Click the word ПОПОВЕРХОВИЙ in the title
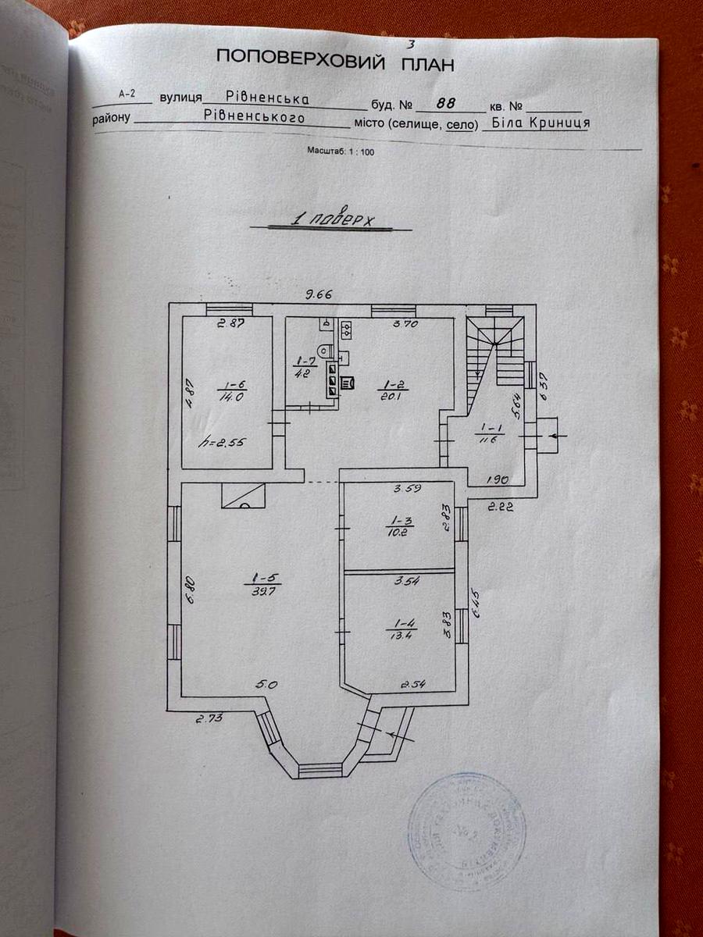[300, 59]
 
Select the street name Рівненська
[267, 98]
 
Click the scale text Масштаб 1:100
[341, 152]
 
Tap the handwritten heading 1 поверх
[332, 219]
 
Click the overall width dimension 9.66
[319, 294]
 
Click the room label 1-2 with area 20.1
[389, 390]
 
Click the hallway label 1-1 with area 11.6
[491, 434]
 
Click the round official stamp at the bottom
[467, 830]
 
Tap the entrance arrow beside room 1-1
[556, 436]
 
